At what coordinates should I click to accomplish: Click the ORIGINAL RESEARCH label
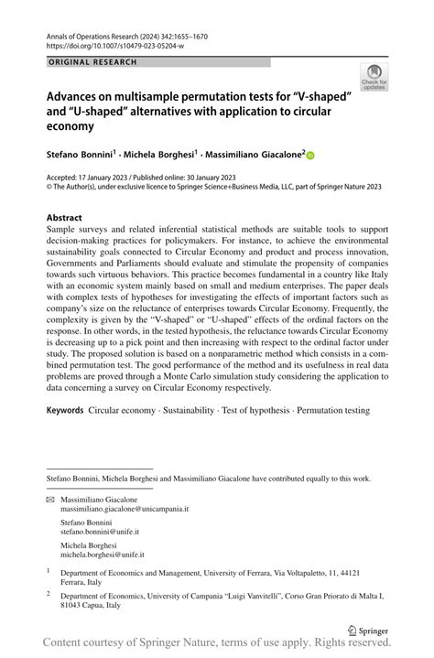click(93, 62)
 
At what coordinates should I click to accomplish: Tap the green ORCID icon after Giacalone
click(309, 156)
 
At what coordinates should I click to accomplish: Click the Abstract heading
click(70, 218)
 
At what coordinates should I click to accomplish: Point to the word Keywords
click(66, 410)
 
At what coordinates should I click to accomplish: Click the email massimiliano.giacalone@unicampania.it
click(125, 509)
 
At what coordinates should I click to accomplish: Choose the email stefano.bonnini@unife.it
click(100, 531)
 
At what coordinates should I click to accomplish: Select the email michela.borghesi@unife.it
click(103, 555)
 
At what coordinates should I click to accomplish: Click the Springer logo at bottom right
click(368, 631)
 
